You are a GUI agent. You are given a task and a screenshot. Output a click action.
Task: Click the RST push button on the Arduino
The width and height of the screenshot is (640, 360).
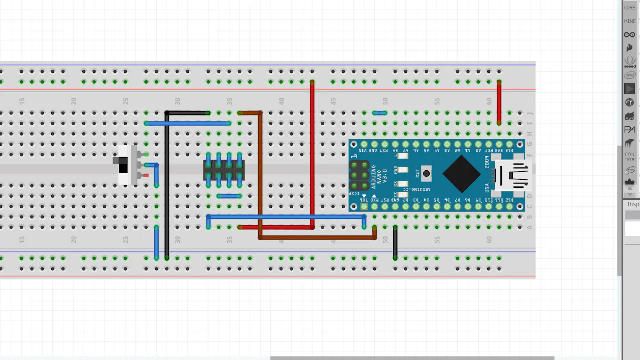click(x=426, y=174)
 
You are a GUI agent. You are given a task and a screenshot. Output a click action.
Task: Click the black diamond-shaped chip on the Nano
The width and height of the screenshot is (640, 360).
click(x=461, y=174)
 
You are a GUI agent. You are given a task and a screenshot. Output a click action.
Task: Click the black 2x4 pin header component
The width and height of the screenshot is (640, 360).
click(x=224, y=170)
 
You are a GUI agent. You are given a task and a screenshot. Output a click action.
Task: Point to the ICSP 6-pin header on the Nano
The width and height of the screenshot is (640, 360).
click(x=359, y=175)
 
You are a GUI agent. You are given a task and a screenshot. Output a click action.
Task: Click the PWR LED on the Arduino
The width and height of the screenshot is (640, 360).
click(x=402, y=170)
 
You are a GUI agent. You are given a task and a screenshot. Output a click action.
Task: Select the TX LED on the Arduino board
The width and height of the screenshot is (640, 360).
click(x=402, y=194)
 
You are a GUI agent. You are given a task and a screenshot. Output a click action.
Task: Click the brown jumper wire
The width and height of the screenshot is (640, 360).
click(x=260, y=175)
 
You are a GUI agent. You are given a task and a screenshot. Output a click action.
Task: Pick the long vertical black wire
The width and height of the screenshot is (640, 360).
click(x=167, y=190)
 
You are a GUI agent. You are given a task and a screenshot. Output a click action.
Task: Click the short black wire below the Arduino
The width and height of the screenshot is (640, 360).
click(x=395, y=242)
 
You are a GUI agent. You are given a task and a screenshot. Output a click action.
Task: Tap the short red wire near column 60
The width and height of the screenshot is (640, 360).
click(x=499, y=102)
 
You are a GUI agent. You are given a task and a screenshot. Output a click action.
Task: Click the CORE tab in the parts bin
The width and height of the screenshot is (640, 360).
click(x=629, y=8)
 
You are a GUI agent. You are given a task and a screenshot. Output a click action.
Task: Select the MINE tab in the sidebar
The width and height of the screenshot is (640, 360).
click(x=629, y=21)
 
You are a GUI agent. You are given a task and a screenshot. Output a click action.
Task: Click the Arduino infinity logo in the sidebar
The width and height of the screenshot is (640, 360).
click(x=629, y=35)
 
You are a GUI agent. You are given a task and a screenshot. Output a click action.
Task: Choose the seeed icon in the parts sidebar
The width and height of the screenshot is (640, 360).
click(x=629, y=62)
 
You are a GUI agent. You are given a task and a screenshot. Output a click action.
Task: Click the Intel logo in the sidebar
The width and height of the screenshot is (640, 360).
click(x=629, y=75)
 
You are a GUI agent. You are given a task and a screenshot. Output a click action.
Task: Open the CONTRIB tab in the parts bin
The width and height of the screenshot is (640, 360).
click(x=629, y=157)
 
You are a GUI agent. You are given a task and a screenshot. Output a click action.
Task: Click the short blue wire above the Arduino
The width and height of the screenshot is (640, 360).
click(x=380, y=113)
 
